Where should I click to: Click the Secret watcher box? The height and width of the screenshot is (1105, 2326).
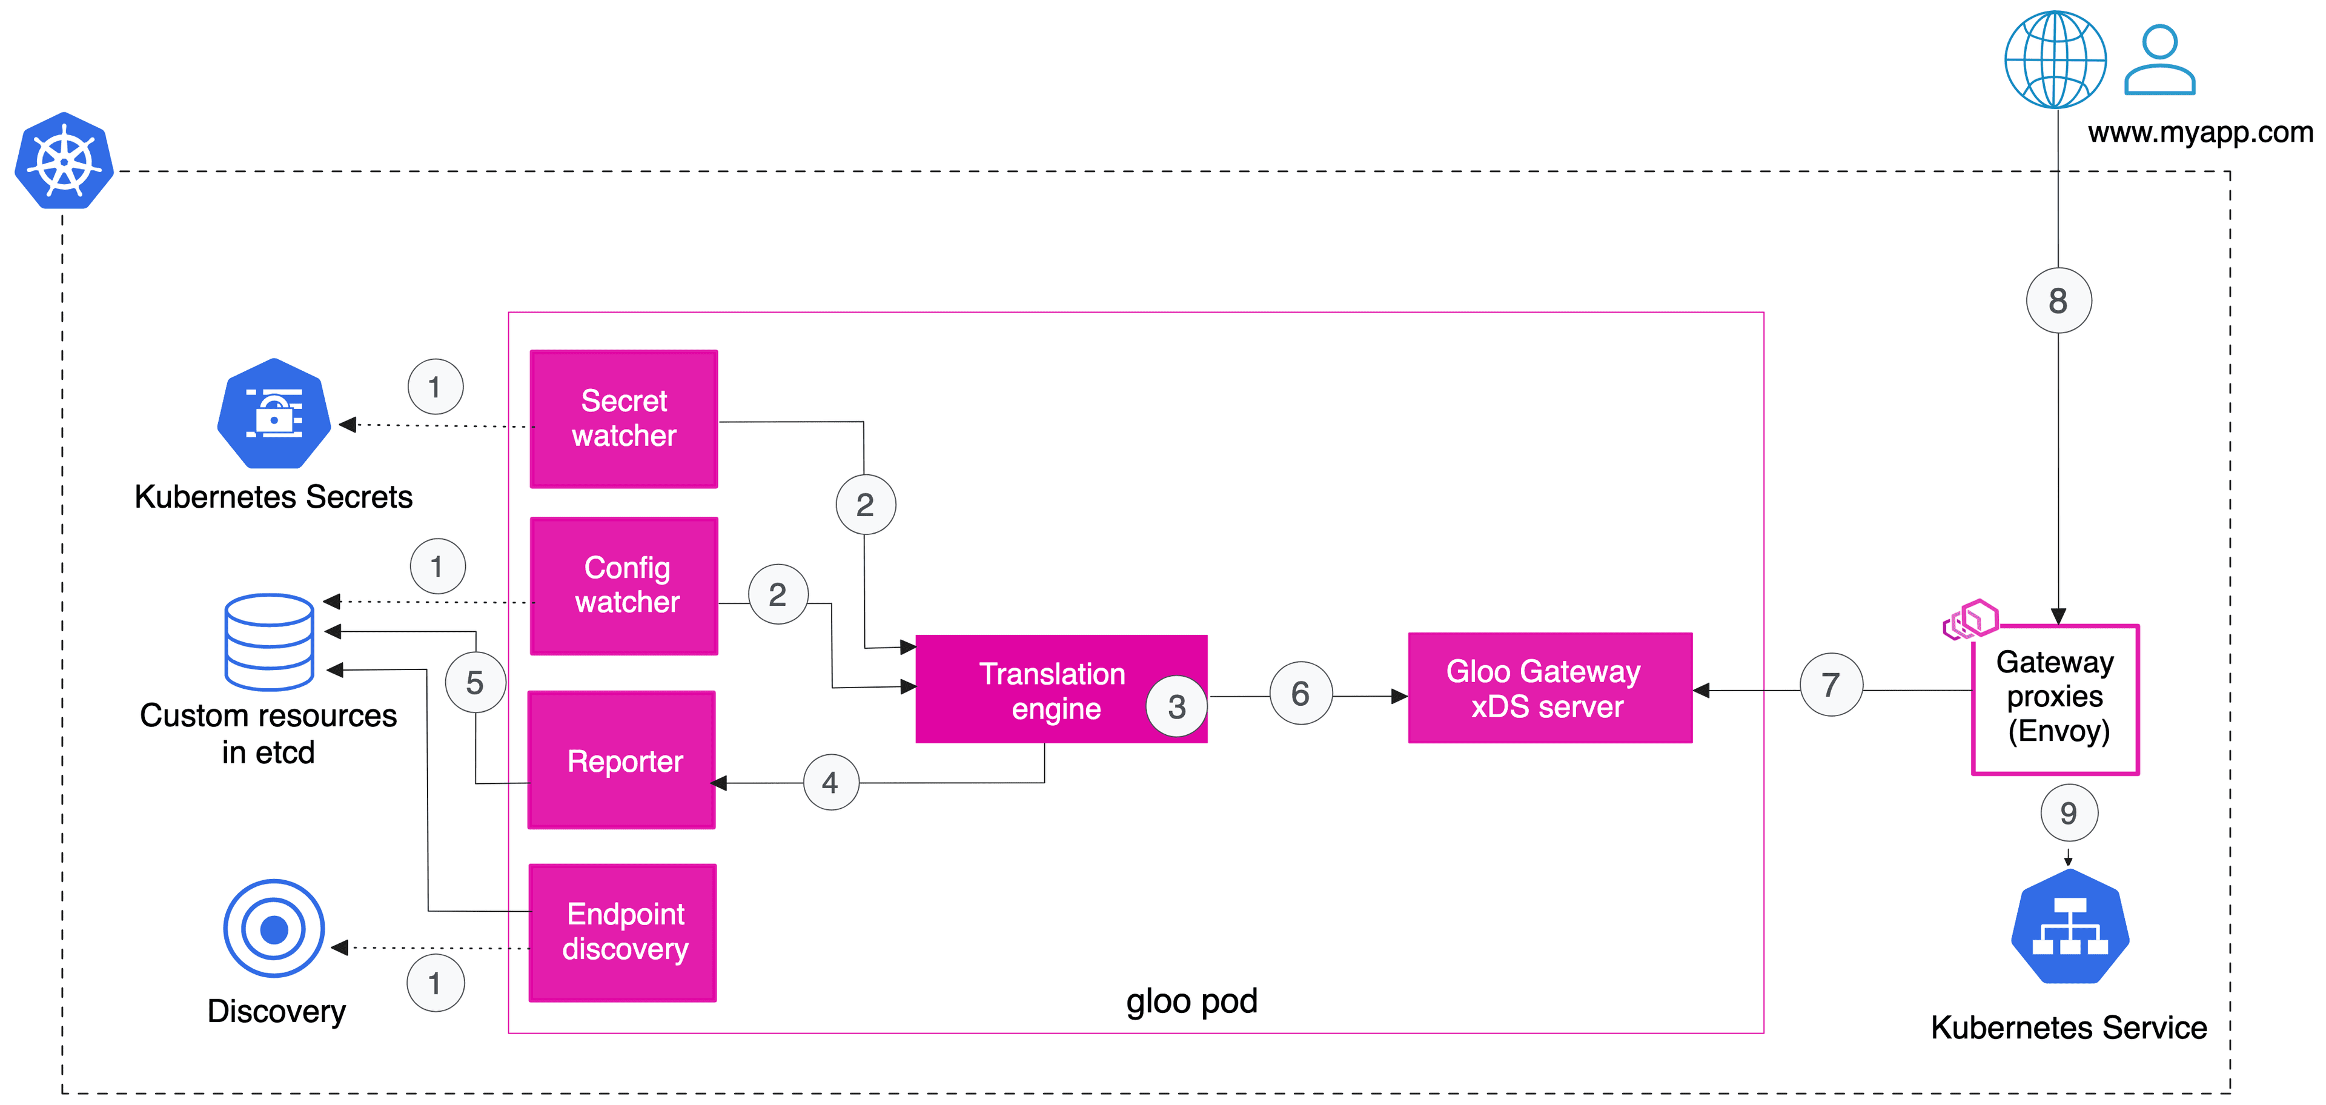[623, 419]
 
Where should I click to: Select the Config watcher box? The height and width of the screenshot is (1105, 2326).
[624, 586]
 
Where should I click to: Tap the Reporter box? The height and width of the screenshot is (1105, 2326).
[622, 760]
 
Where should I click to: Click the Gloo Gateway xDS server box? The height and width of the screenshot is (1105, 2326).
[1549, 688]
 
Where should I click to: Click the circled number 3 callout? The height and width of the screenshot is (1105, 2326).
[1176, 706]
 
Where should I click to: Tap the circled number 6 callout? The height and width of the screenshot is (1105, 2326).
[1301, 693]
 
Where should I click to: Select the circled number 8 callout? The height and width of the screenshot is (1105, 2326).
[2058, 300]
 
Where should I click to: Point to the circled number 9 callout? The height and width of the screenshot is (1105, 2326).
[2069, 814]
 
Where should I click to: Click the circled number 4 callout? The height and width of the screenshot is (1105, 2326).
[830, 782]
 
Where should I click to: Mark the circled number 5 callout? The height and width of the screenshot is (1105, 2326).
[475, 683]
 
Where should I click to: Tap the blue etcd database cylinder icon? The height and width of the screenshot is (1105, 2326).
[269, 642]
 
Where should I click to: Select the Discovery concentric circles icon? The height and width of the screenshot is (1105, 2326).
[274, 928]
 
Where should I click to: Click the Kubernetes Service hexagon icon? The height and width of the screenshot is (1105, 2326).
[2070, 927]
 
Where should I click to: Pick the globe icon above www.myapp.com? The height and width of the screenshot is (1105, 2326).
[2055, 59]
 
